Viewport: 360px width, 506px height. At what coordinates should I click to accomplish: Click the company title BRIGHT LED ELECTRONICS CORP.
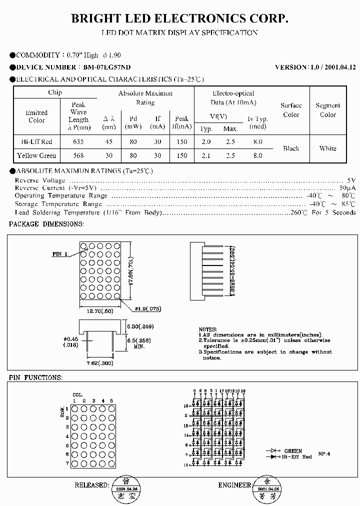pyautogui.click(x=180, y=18)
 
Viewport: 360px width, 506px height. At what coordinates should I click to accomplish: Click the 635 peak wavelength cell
pyautogui.click(x=78, y=142)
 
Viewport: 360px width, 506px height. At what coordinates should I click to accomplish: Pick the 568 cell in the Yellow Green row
pyautogui.click(x=78, y=155)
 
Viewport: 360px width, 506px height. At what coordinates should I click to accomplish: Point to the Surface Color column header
pyautogui.click(x=291, y=110)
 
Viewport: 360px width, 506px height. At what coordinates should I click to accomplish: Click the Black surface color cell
pyautogui.click(x=291, y=148)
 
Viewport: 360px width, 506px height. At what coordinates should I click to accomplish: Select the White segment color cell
pyautogui.click(x=327, y=148)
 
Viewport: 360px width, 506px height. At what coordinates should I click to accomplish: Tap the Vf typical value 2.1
pyautogui.click(x=206, y=155)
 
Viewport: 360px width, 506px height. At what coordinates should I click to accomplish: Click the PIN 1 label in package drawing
pyautogui.click(x=60, y=254)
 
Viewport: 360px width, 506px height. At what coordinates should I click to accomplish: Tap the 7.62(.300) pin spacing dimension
pyautogui.click(x=100, y=363)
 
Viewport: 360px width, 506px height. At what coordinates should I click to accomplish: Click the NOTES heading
pyautogui.click(x=207, y=329)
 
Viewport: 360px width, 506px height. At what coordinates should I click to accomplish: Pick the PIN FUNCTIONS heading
pyautogui.click(x=35, y=377)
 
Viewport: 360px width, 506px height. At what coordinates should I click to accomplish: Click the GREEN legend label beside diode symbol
pyautogui.click(x=293, y=451)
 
